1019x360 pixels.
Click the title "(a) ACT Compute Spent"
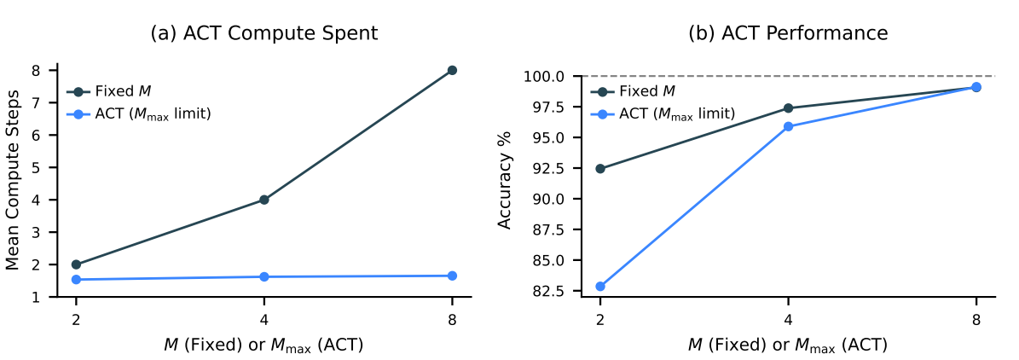263,33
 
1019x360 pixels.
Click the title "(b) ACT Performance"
788,33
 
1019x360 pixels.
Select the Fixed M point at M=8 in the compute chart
452,70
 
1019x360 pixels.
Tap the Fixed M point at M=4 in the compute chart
264,200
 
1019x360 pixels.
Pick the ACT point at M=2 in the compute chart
77,279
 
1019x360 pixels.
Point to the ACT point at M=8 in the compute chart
452,276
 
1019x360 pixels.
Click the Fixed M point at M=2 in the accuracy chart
600,168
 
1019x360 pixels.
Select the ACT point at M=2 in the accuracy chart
600,287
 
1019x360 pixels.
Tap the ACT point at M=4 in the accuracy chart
788,126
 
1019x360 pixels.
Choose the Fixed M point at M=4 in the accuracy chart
788,108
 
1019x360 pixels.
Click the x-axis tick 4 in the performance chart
788,320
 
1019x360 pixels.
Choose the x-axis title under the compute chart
263,345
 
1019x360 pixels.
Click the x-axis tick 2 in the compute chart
77,320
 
